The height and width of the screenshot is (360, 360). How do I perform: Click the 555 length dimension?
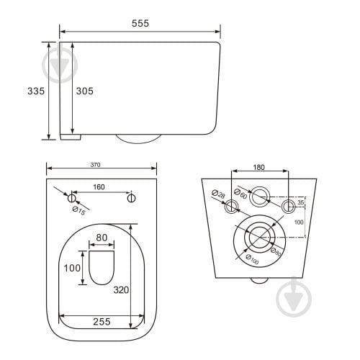tap(140, 23)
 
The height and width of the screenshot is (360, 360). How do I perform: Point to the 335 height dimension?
tap(36, 91)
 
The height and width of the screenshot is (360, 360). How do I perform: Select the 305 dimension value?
tap(85, 91)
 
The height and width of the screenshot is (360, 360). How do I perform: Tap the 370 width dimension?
tap(95, 165)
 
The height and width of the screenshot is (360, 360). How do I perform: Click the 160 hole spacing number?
tap(99, 187)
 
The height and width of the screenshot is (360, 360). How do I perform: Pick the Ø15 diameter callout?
tap(78, 211)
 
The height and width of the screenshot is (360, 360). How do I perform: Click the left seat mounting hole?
tap(71, 198)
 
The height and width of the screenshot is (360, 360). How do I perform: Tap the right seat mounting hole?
tap(131, 198)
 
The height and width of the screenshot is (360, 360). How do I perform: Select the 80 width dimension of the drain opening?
tap(102, 238)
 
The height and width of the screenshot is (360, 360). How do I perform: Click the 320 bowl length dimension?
tap(121, 290)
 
